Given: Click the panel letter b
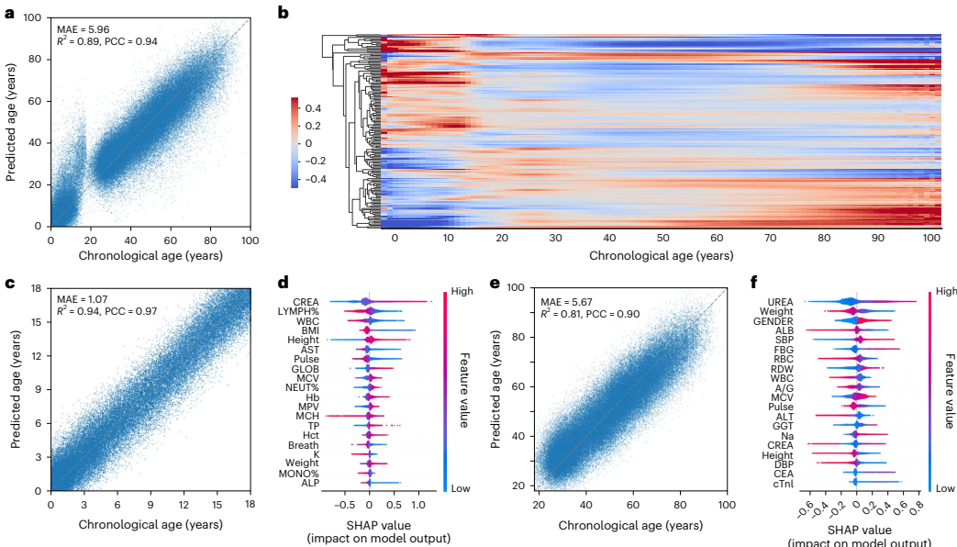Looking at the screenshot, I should click(x=284, y=12).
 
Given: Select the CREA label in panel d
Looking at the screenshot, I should click(x=306, y=301).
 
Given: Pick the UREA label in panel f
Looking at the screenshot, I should click(x=780, y=301).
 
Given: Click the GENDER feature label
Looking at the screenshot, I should click(x=772, y=322).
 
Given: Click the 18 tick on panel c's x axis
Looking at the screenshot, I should click(x=249, y=506).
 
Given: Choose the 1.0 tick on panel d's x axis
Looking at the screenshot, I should click(x=417, y=505).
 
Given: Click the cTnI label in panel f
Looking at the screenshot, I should click(x=781, y=483).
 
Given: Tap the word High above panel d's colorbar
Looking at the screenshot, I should click(x=462, y=292).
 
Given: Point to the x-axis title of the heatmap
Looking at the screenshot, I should click(x=661, y=254).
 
